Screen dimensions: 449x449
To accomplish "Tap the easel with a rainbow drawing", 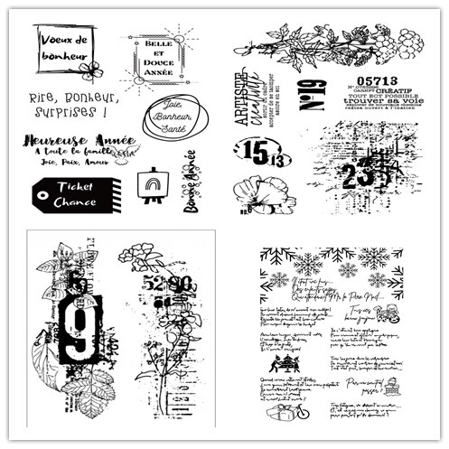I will coord(150,183).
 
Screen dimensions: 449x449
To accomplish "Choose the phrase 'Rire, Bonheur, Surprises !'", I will coord(73,105).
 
